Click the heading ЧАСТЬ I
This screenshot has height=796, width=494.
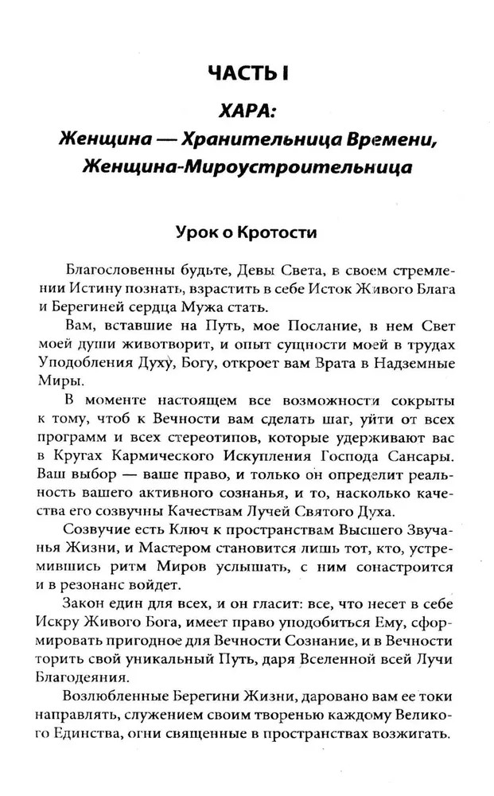(x=247, y=74)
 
